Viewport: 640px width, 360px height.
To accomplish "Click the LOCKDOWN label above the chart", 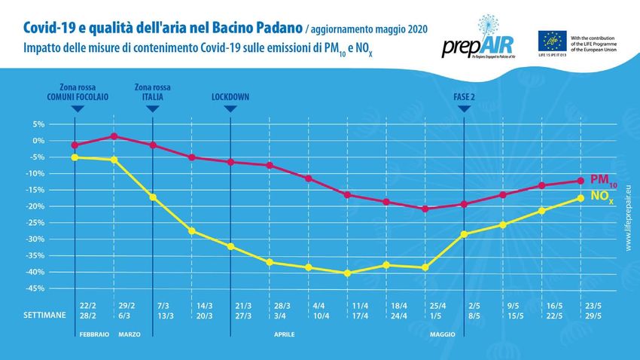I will pos(230,97).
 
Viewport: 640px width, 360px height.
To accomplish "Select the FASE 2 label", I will pos(465,97).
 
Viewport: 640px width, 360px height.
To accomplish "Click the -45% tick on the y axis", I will pos(36,288).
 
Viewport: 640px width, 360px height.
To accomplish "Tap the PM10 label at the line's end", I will pos(602,181).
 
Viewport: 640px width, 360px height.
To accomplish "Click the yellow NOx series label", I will pos(602,197).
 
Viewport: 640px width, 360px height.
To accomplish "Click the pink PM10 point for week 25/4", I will pos(425,209).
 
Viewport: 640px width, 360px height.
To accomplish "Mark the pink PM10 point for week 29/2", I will pos(114,136).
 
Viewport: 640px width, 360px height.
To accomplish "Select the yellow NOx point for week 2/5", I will pos(465,234).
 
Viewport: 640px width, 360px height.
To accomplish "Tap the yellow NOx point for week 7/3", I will pos(153,197).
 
